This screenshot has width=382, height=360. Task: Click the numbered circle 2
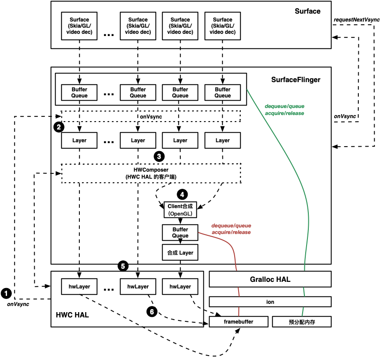[59, 127]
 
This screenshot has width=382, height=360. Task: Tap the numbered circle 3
[159, 156]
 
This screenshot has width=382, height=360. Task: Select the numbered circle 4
[182, 194]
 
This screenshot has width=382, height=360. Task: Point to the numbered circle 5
[123, 266]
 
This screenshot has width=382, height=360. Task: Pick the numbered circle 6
[152, 312]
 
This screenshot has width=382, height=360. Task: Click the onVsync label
[151, 117]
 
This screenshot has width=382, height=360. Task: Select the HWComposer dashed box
[151, 173]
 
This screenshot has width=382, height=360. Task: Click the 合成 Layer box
[180, 253]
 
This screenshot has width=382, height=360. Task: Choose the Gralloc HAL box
[270, 279]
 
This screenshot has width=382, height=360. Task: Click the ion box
[270, 302]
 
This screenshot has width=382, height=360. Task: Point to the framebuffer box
[239, 322]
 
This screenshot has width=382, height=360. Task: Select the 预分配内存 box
[302, 322]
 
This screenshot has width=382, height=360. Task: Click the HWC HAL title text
[72, 315]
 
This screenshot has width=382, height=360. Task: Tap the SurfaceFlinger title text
[296, 80]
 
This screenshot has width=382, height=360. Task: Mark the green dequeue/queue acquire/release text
[284, 110]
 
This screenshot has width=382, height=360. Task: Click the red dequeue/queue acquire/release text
[231, 229]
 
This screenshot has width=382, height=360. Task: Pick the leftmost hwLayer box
[79, 287]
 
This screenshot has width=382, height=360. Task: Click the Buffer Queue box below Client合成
[180, 233]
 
